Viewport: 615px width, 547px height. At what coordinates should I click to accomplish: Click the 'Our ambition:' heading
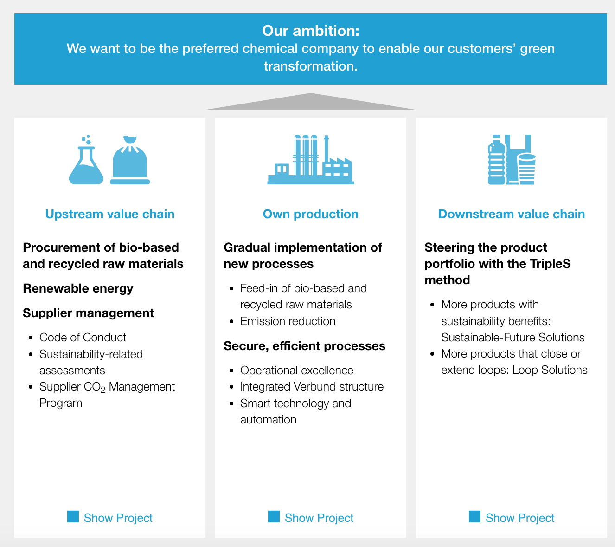(311, 31)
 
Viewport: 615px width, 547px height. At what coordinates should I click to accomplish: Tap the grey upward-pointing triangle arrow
(311, 102)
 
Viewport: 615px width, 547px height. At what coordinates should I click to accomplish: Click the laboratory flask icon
(86, 160)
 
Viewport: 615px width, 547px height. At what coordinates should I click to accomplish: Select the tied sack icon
(130, 160)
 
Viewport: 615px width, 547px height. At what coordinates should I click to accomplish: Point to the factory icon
(311, 160)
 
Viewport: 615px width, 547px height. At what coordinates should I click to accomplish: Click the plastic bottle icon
(496, 160)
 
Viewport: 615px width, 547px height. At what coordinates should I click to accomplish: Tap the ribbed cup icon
(527, 169)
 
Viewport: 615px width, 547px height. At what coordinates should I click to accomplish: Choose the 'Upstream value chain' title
(110, 214)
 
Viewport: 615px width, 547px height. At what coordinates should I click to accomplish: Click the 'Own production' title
(311, 214)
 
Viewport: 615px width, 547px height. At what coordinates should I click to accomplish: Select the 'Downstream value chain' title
(512, 214)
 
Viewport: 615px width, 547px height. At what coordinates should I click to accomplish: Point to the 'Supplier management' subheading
(88, 313)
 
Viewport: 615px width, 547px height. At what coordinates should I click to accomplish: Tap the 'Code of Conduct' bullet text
(83, 337)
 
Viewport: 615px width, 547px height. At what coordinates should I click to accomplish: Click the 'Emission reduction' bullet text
(288, 321)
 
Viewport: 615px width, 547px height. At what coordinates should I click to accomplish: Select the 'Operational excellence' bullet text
(297, 371)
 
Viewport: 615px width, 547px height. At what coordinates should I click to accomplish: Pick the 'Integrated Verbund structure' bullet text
(312, 387)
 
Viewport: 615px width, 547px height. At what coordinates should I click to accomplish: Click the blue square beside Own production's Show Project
(274, 517)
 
